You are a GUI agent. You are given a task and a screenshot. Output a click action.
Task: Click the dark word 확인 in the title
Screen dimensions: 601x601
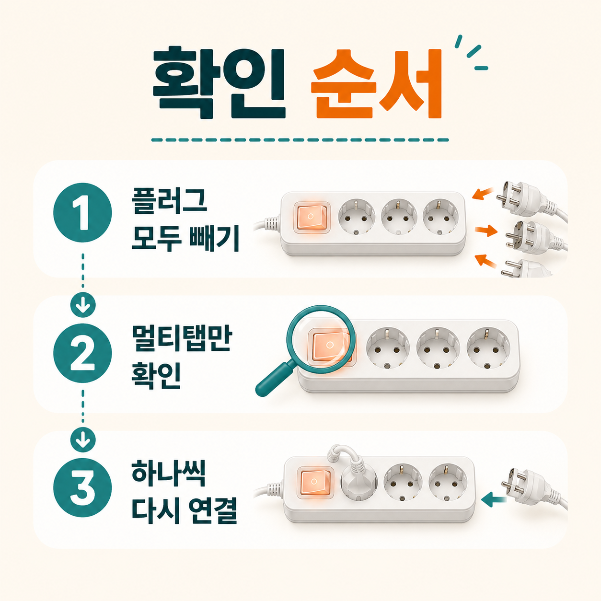[x=219, y=83]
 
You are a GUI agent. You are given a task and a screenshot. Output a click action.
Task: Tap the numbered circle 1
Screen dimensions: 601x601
[x=82, y=212]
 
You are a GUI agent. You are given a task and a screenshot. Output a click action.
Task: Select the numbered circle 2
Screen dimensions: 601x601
[x=82, y=353]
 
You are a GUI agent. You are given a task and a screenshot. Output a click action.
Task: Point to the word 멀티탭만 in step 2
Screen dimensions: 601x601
[x=182, y=339]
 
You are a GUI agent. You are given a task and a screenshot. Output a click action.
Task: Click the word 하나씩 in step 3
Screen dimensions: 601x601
[x=168, y=474]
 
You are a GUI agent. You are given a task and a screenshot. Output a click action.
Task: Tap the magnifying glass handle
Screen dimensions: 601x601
[x=275, y=379]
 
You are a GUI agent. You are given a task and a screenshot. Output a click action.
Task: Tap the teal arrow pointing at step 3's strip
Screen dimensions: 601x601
[x=494, y=499]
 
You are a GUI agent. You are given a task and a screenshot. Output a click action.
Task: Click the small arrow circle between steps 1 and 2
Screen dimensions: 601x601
[x=83, y=305]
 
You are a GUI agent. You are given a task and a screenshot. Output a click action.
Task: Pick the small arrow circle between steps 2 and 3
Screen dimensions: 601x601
[x=83, y=440]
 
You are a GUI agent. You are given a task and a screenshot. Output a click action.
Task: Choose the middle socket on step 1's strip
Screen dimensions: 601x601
[x=399, y=217]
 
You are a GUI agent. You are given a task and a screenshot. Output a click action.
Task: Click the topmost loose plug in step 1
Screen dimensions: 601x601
[x=530, y=200]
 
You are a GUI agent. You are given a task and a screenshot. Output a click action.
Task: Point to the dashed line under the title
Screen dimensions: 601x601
[x=300, y=140]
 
